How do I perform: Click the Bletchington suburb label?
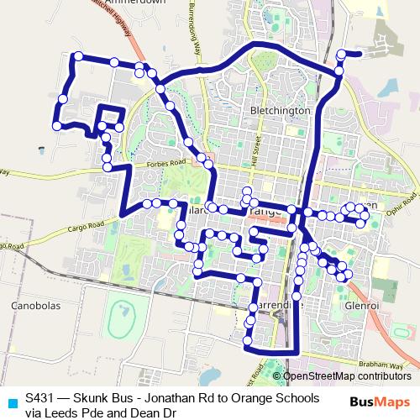[281, 110]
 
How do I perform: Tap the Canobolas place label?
[36, 307]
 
